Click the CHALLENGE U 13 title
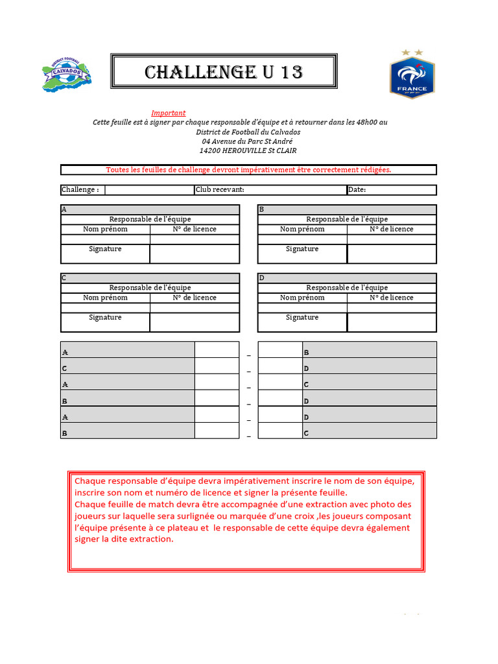(x=224, y=72)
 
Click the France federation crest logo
(x=412, y=74)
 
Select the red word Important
(x=168, y=113)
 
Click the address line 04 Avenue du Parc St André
(x=247, y=141)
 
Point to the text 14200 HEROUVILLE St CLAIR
(x=248, y=150)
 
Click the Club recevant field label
(x=220, y=190)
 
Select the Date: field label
(x=357, y=190)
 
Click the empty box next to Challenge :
(x=149, y=190)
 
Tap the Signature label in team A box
(x=105, y=249)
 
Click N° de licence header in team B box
(x=391, y=229)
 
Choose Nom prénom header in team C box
(x=105, y=298)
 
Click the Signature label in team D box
(x=302, y=317)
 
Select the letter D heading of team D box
(x=261, y=278)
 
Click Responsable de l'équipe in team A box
(x=150, y=219)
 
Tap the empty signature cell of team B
(x=392, y=254)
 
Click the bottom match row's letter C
(x=306, y=433)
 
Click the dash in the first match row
(x=248, y=355)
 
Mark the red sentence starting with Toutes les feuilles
(x=248, y=170)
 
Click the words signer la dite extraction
(x=124, y=539)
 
